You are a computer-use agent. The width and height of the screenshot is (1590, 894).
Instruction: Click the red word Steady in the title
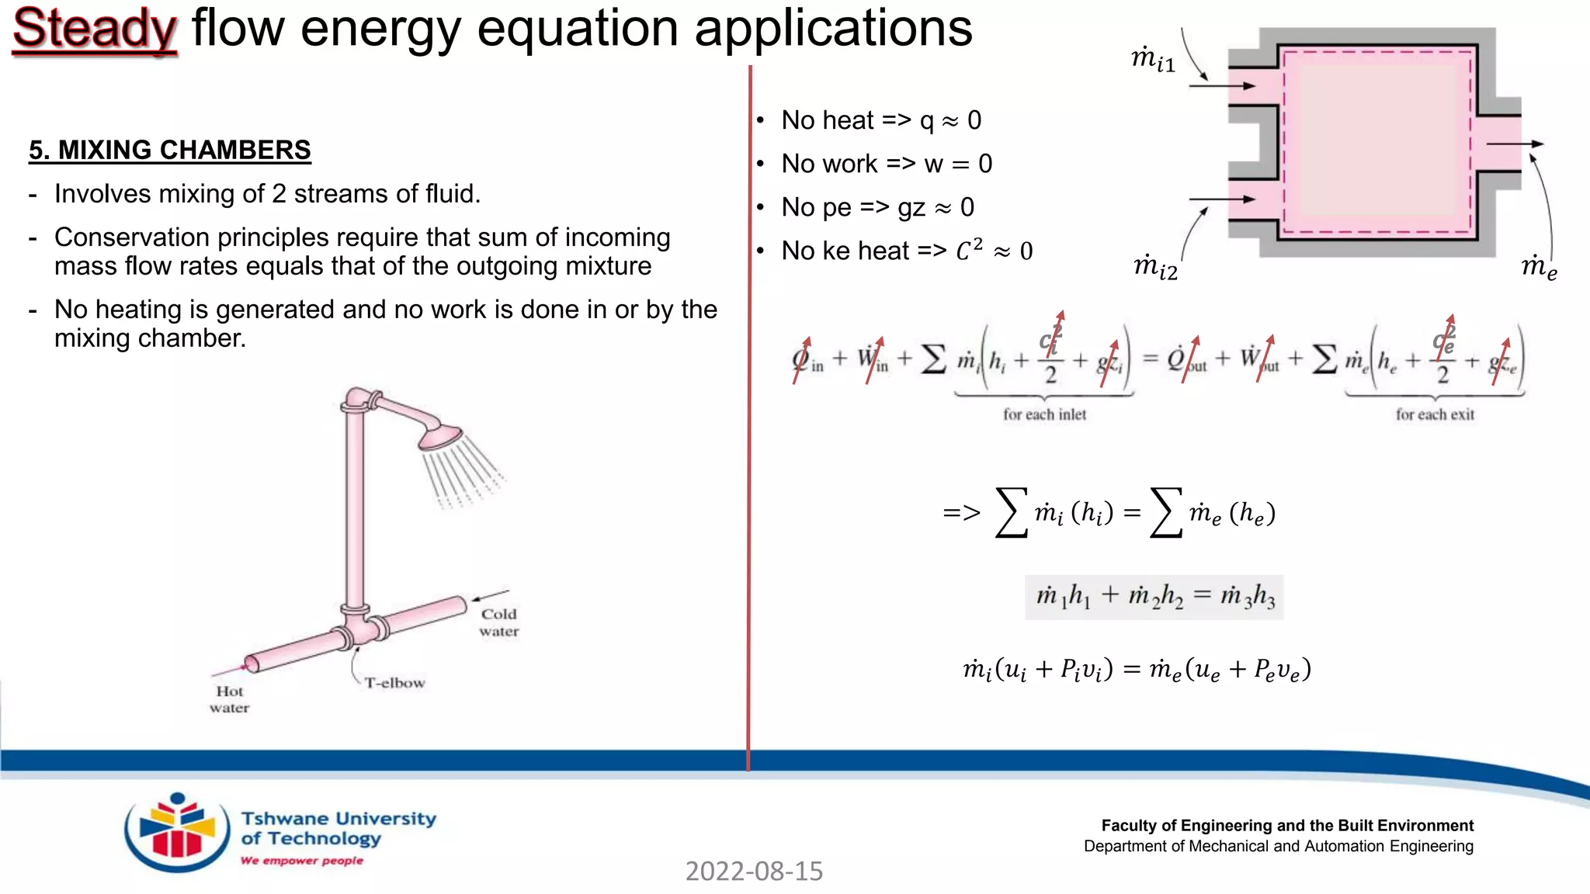click(95, 29)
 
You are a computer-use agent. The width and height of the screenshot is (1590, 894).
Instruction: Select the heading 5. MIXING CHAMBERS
click(169, 150)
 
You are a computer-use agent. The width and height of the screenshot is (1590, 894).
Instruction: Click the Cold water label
click(498, 622)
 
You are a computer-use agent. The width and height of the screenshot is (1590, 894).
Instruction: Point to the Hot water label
click(229, 699)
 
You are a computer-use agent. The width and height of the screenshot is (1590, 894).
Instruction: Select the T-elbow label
click(394, 683)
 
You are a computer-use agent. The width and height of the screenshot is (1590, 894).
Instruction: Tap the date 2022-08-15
click(754, 871)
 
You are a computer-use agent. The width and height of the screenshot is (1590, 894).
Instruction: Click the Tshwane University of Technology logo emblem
click(177, 832)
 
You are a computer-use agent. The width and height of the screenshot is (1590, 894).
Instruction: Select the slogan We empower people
click(302, 861)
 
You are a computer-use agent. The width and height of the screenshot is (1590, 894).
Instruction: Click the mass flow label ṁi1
click(1154, 59)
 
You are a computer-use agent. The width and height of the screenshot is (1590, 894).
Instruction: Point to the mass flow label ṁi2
click(1155, 267)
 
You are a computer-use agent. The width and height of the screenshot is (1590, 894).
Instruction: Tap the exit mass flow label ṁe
click(1539, 267)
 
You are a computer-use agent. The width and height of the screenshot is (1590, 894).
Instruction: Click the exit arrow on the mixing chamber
click(1514, 144)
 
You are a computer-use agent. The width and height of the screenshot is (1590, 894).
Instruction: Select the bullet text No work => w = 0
click(887, 164)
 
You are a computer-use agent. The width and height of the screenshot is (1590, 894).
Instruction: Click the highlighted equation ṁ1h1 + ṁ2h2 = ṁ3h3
click(1154, 597)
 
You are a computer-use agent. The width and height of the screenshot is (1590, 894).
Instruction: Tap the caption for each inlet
click(1044, 414)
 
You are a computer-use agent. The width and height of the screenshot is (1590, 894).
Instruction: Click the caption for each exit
click(1435, 414)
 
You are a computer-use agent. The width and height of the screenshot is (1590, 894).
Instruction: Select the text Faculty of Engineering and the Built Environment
click(1286, 826)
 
